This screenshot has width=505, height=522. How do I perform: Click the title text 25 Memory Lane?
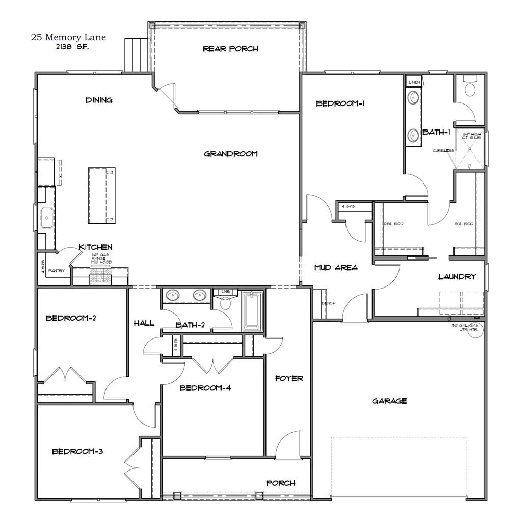tap(70, 37)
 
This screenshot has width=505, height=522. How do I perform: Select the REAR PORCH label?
tap(230, 49)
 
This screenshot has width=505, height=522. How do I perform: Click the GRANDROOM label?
tap(231, 154)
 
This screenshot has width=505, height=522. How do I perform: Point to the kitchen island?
tap(101, 195)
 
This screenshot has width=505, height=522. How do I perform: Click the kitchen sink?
tap(47, 218)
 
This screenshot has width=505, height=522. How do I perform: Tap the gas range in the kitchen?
tap(101, 276)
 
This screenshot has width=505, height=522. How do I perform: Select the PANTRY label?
tap(57, 270)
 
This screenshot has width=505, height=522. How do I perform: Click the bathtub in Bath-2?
tap(252, 311)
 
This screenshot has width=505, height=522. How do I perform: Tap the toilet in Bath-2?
tap(225, 303)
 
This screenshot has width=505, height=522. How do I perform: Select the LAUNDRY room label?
tap(457, 276)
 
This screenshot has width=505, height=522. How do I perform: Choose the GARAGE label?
tap(389, 401)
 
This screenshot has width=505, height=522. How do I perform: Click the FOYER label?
tap(289, 378)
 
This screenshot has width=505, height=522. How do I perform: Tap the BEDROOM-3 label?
tap(78, 451)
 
